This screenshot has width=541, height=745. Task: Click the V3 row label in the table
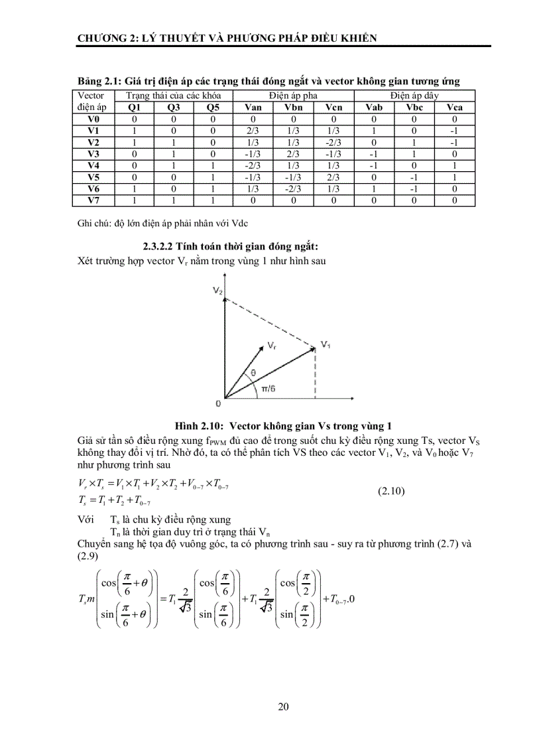[x=93, y=153]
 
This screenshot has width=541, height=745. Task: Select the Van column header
[x=253, y=107]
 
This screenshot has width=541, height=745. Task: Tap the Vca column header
[x=454, y=107]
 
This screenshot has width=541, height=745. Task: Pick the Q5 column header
[x=213, y=107]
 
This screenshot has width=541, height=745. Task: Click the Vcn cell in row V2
[x=333, y=142]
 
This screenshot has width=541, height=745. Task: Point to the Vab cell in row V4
[x=375, y=165]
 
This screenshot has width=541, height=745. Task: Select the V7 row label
[x=93, y=199]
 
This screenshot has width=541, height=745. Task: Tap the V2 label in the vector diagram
[x=217, y=291]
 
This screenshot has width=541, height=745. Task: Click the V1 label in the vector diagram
[x=326, y=344]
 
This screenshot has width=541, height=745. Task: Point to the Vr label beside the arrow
[x=272, y=346]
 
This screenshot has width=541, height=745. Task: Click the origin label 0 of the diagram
[x=218, y=403]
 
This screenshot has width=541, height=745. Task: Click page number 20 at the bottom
[x=283, y=707]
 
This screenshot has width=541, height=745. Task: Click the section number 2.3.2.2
[x=164, y=245]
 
